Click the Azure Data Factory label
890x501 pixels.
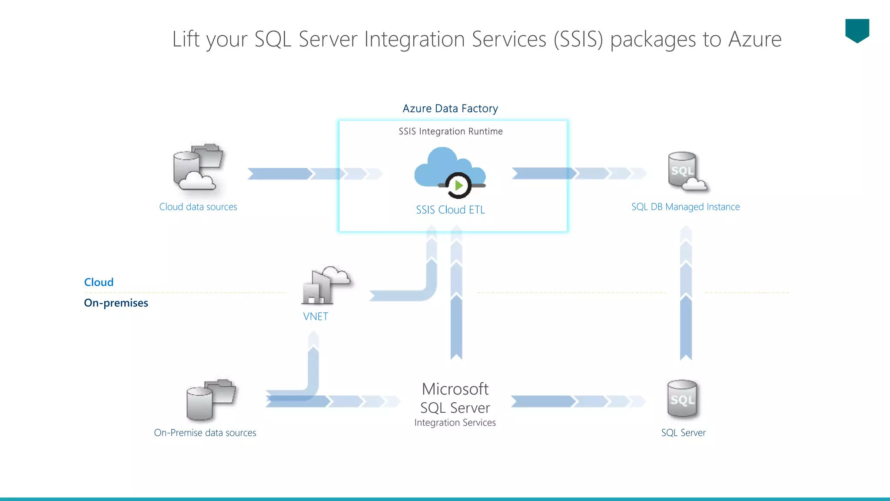[x=450, y=108]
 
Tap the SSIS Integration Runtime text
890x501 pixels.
[x=451, y=131]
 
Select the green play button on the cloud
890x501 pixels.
[x=458, y=186]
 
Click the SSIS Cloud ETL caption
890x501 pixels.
[x=450, y=210]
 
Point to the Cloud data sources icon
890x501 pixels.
[x=198, y=167]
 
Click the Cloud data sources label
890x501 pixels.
[x=198, y=207]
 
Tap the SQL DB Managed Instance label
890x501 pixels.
[x=685, y=207]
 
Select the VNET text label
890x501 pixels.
[x=315, y=317]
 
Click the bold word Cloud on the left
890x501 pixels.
[x=99, y=282]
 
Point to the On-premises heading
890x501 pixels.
[x=116, y=303]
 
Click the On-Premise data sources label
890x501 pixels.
[x=205, y=433]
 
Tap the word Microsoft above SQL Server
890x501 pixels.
[x=455, y=389]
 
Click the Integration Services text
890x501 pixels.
[x=455, y=423]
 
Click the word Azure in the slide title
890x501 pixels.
[x=755, y=39]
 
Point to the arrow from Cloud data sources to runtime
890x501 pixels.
[x=296, y=174]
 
